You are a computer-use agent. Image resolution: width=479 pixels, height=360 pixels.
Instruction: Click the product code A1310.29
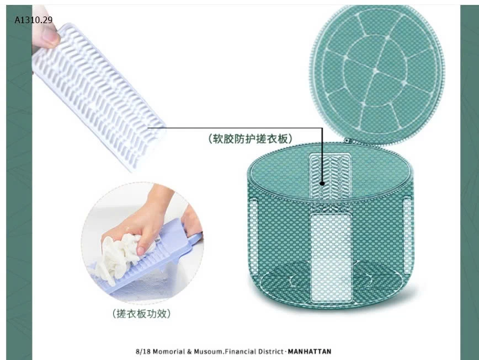[x=34, y=20]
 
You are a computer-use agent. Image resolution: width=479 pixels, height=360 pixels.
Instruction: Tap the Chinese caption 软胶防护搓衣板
[x=250, y=138]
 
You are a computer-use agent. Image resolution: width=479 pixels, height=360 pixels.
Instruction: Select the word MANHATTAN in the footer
[x=306, y=351]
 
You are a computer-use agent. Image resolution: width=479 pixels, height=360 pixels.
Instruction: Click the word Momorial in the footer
[x=168, y=351]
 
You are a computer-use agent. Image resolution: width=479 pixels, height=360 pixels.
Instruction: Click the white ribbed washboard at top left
[x=99, y=94]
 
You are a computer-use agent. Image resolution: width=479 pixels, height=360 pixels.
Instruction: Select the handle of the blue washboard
[x=195, y=239]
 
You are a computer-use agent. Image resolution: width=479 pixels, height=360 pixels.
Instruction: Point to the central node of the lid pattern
[x=375, y=71]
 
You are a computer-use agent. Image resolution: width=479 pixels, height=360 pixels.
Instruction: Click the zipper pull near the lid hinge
[x=347, y=141]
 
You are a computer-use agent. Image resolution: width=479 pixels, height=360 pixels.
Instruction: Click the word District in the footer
[x=270, y=351]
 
